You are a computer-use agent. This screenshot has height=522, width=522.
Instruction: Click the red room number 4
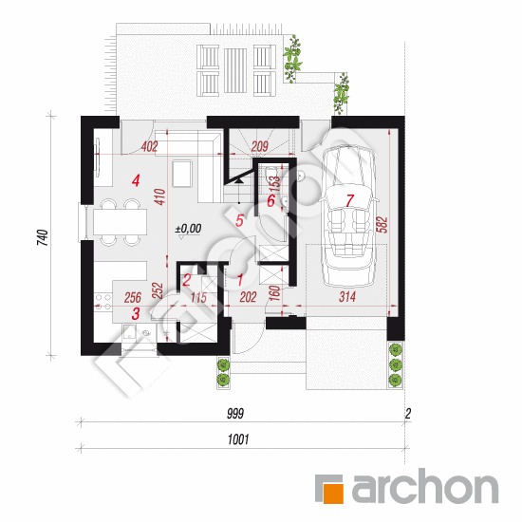(136, 181)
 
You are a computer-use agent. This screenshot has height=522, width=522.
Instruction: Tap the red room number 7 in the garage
(349, 200)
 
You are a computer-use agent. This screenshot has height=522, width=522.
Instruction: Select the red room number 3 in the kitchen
(136, 313)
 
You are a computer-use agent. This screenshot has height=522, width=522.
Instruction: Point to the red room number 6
(271, 201)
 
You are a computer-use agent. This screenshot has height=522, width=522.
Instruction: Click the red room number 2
(186, 280)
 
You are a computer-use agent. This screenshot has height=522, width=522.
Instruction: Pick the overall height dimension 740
(43, 237)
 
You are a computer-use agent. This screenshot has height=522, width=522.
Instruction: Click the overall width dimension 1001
(238, 439)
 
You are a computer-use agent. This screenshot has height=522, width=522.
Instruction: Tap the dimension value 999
(235, 414)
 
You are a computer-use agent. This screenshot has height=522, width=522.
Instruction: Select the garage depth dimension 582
(382, 225)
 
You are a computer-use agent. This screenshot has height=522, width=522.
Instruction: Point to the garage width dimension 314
(346, 297)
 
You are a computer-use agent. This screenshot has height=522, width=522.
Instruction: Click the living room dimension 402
(149, 146)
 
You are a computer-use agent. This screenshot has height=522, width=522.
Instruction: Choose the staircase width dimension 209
(260, 146)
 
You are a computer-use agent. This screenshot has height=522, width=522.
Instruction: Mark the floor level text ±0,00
(189, 229)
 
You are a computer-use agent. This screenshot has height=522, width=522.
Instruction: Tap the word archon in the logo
(425, 486)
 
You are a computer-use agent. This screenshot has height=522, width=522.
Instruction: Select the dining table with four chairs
(120, 222)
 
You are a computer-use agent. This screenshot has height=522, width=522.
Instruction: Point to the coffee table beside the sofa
(182, 174)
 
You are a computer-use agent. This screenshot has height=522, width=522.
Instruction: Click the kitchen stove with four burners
(103, 302)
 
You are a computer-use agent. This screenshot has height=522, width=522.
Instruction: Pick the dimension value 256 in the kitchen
(133, 297)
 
